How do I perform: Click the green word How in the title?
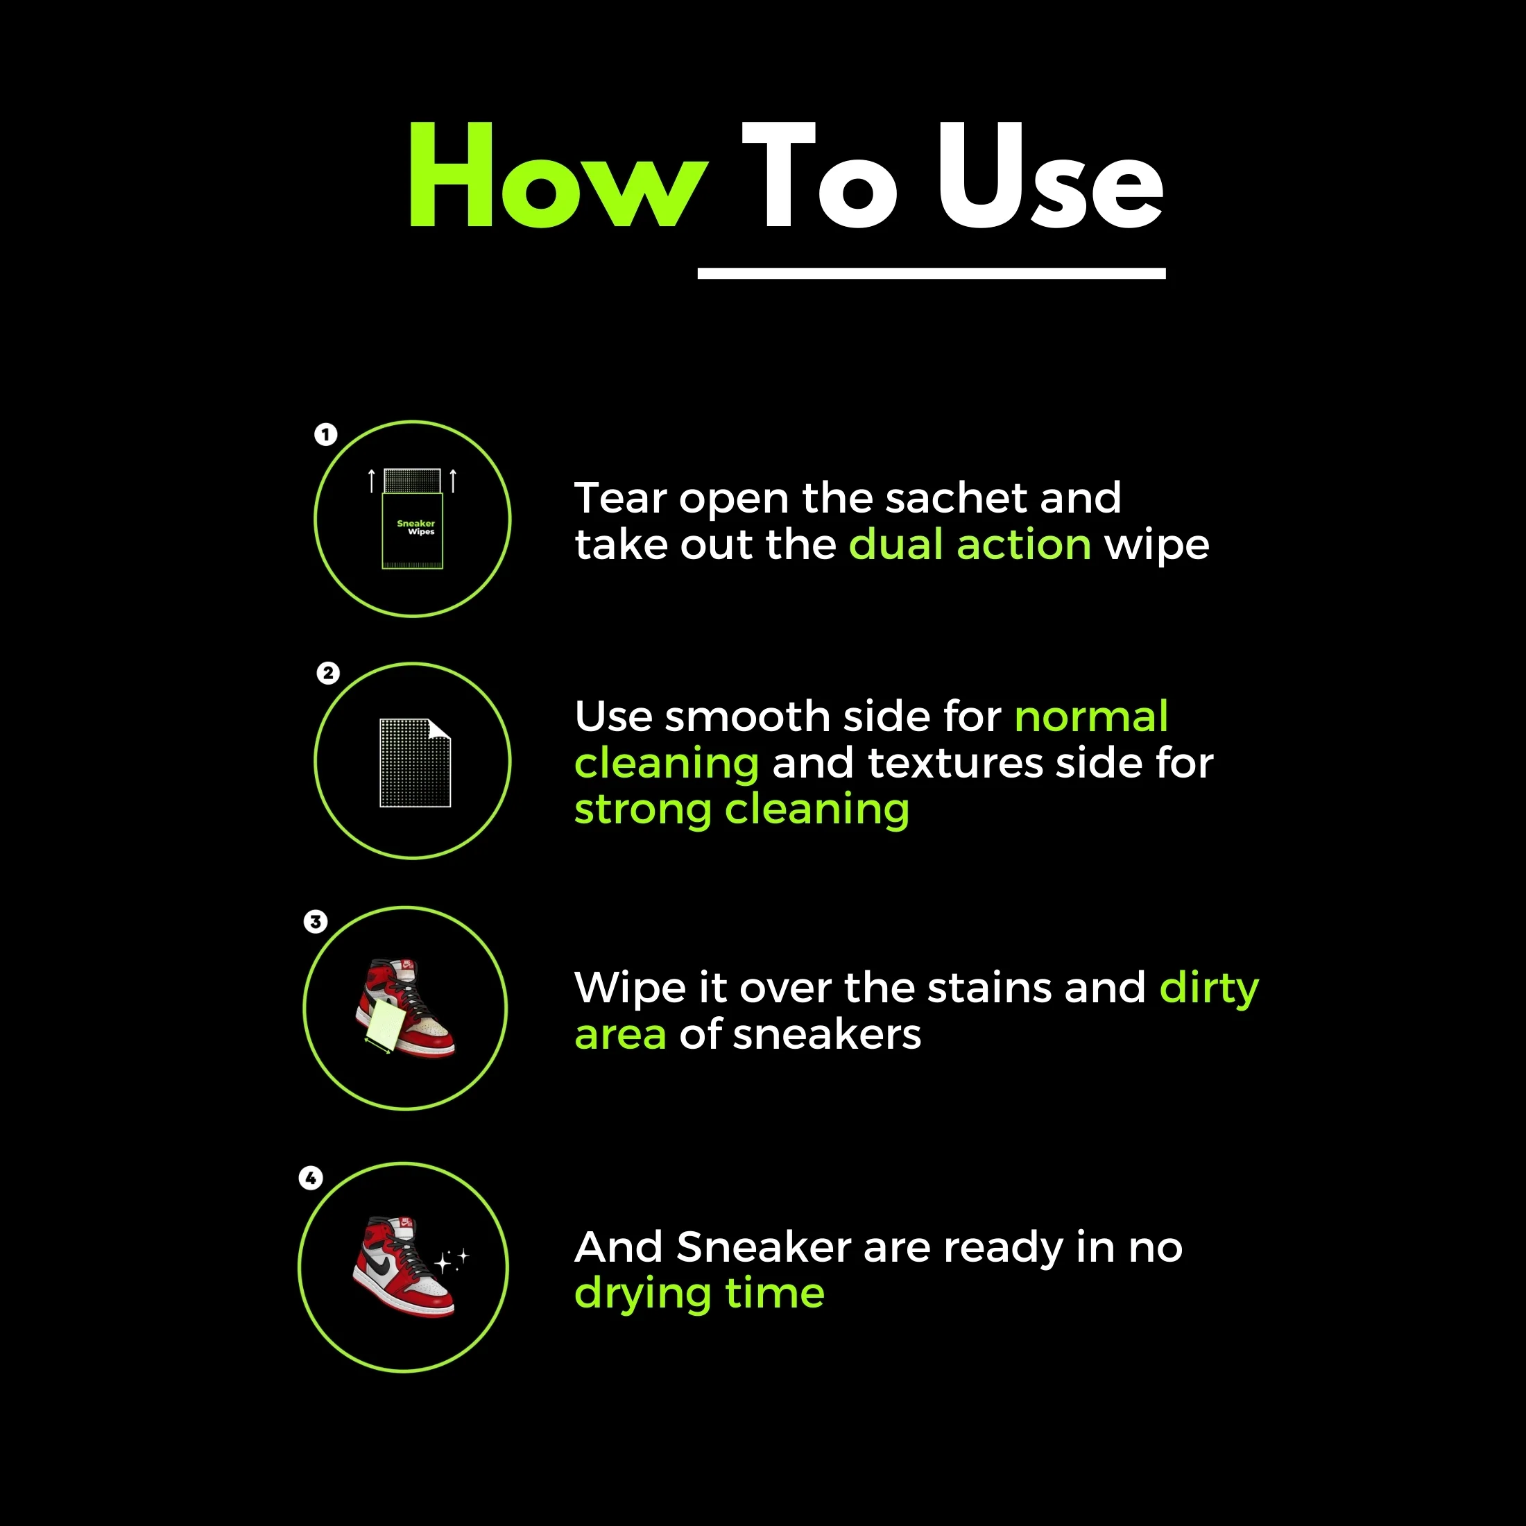[x=557, y=175]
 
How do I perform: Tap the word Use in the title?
[x=1050, y=175]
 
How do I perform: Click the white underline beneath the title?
[x=932, y=273]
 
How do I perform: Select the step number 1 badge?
[x=325, y=434]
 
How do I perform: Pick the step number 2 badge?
[x=328, y=673]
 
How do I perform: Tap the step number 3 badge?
[x=315, y=921]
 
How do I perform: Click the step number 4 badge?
[x=311, y=1178]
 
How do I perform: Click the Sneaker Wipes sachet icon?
[x=412, y=519]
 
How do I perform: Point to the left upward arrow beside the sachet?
[x=371, y=480]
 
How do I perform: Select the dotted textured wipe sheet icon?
[x=415, y=762]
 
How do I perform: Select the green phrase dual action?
[x=970, y=545]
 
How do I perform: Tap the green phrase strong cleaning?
[x=741, y=810]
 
